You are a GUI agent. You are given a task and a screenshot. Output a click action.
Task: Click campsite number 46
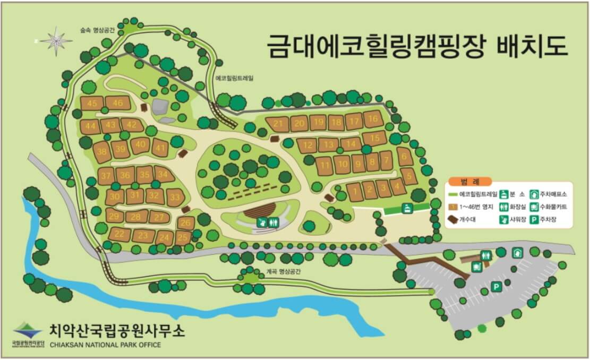coord(118,103)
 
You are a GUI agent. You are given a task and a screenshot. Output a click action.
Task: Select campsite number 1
coord(354,191)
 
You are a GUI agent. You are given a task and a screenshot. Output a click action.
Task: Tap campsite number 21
coord(278,124)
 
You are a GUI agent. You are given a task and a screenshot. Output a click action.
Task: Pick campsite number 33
coord(174,198)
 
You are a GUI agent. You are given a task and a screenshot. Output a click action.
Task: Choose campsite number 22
coord(120,234)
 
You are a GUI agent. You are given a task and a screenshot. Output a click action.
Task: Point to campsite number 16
coord(373,118)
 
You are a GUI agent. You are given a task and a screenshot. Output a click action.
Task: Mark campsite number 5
coord(408,175)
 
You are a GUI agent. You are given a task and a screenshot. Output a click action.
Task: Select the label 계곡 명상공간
coord(284,271)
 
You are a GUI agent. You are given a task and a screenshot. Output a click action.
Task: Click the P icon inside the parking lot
coord(497,287)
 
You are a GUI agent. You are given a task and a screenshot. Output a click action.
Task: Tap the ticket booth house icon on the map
coord(517,253)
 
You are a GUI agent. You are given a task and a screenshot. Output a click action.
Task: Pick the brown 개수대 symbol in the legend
coord(453,219)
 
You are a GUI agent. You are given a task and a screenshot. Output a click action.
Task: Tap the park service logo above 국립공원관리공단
coord(27,330)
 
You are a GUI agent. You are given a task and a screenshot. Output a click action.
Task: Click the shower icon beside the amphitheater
coord(262,224)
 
